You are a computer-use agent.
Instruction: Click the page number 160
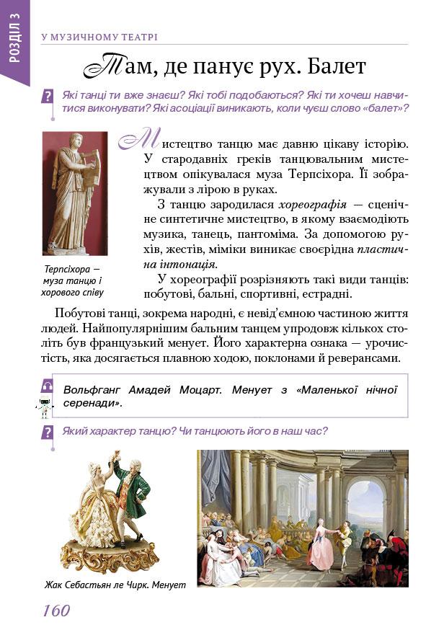tap(55, 611)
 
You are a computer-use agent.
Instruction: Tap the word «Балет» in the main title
tap(336, 66)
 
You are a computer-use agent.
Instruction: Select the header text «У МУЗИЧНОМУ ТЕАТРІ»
tap(99, 37)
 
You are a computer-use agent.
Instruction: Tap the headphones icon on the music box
tap(48, 386)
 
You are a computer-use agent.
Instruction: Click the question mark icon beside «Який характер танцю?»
tap(48, 432)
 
